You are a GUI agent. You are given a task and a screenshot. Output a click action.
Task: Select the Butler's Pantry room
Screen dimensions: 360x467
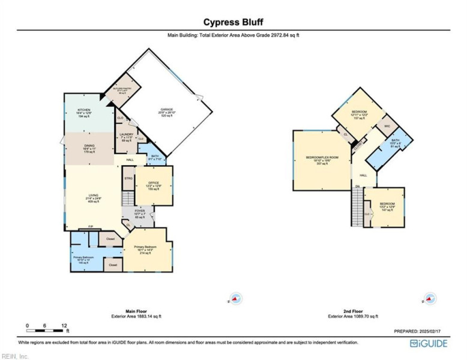pos(122,90)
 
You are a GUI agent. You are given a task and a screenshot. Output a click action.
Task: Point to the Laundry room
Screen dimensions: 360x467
pos(126,137)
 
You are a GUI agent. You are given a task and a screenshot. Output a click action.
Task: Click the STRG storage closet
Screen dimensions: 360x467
pos(128,179)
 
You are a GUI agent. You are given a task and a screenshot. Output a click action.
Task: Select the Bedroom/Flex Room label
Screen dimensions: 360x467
pos(322,160)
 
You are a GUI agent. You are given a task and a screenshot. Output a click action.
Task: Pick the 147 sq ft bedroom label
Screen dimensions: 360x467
pos(387,208)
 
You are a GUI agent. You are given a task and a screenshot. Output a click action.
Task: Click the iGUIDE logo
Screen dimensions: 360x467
pos(429,343)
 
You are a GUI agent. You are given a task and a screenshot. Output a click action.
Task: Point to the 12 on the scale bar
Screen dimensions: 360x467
pos(64,326)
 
